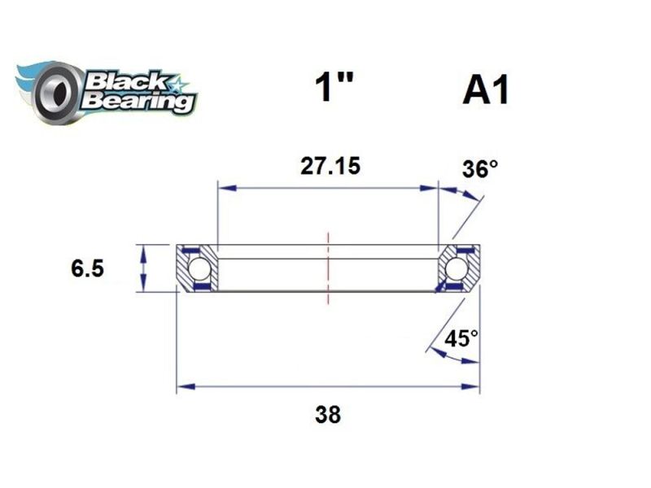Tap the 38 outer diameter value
tap(327, 415)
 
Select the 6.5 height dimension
tap(87, 269)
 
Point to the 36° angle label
tap(479, 169)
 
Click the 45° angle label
tap(461, 338)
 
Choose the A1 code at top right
tap(485, 90)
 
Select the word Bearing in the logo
tap(138, 102)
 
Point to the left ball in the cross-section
tap(199, 268)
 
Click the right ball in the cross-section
tap(457, 268)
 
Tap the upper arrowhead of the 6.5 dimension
tap(144, 249)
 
